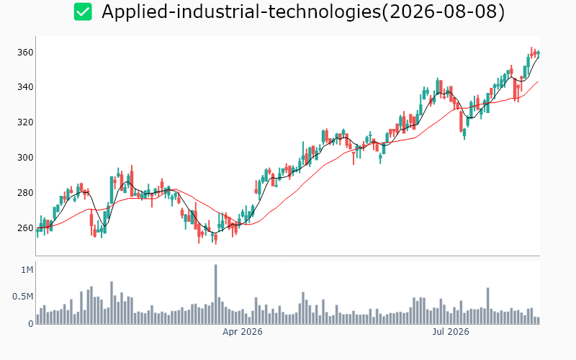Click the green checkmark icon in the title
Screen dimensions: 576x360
83,12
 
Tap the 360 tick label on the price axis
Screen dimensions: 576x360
25,53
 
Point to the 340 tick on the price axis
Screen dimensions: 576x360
25,87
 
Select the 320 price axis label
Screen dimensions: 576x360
25,122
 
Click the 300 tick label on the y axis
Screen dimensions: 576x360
25,158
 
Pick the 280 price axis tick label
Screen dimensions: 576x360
25,193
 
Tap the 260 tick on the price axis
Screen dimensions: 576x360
25,228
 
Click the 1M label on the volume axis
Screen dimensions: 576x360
27,270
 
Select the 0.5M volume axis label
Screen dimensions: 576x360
23,297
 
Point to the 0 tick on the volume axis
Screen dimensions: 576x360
31,324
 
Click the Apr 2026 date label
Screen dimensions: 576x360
243,332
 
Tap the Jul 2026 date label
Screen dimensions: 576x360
451,332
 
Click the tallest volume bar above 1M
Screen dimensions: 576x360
215,294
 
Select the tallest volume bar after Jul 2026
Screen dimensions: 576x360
488,305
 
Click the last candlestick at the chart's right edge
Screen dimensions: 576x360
539,54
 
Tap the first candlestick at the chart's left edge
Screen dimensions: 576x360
37,232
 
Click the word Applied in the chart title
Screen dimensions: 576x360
134,12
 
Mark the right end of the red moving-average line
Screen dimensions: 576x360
539,81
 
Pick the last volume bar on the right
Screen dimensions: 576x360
539,320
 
